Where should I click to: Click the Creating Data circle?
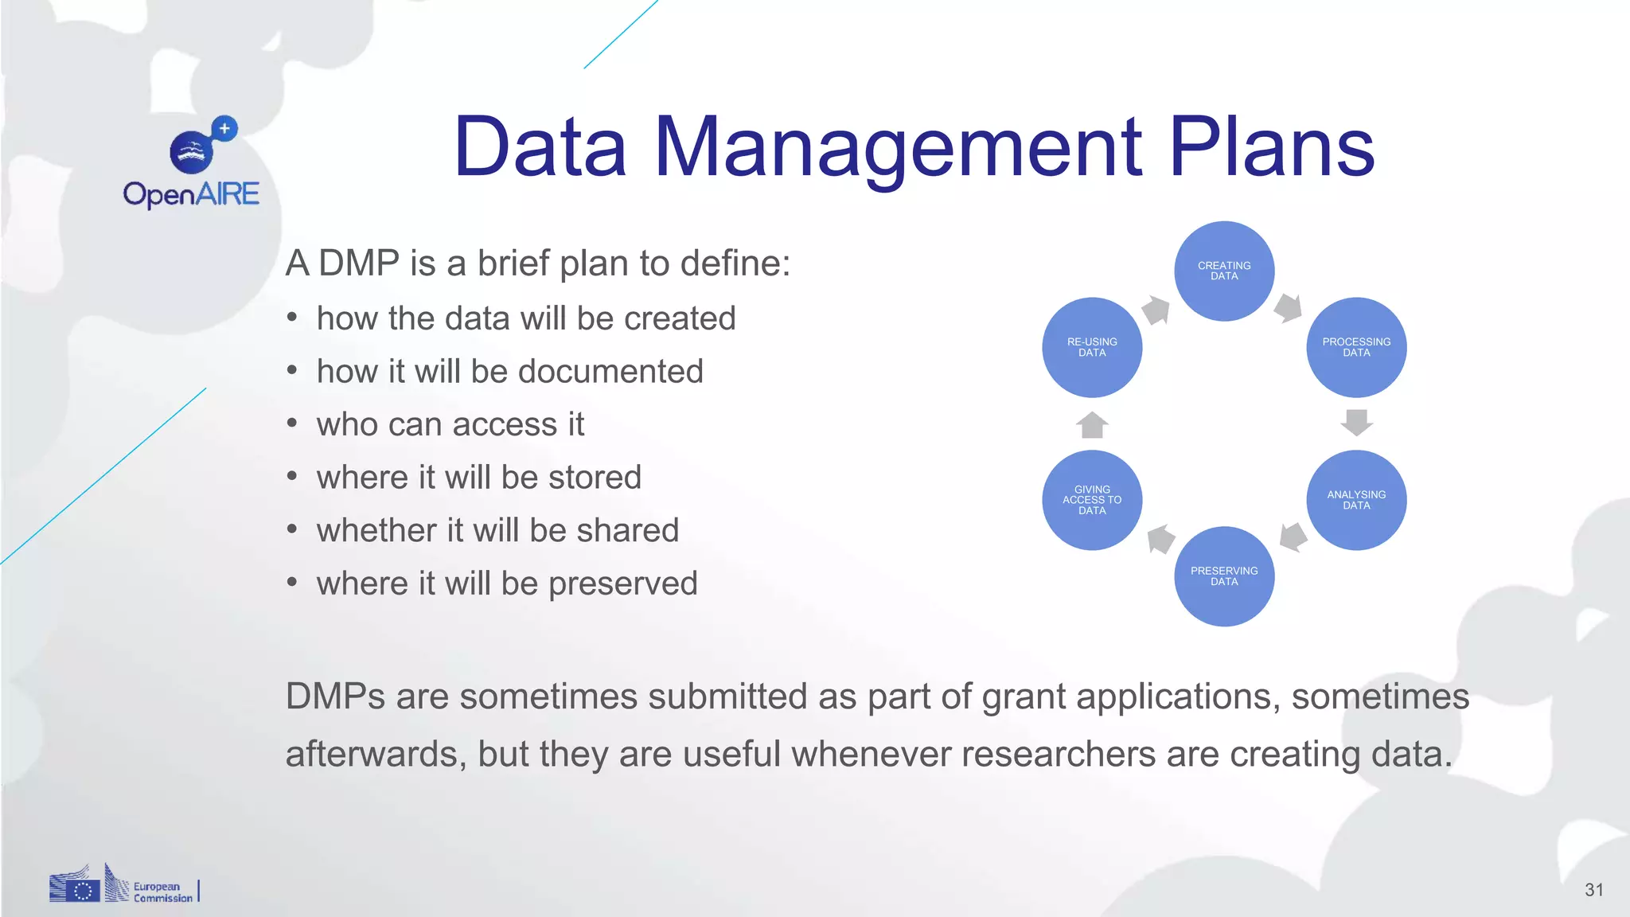click(1224, 271)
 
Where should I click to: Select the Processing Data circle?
click(1356, 348)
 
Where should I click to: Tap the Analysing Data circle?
click(1356, 500)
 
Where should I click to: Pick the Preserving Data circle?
click(1224, 576)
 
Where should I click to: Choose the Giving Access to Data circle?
click(1092, 500)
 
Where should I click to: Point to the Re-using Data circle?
click(1092, 348)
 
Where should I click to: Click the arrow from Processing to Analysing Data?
click(1356, 422)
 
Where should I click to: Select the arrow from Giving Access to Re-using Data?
click(1092, 425)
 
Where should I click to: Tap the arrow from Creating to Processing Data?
click(1288, 308)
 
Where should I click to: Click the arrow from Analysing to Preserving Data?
click(1293, 537)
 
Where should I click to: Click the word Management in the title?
click(899, 147)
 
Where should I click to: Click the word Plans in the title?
click(1271, 147)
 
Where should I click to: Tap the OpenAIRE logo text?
click(191, 194)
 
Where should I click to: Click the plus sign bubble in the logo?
click(224, 128)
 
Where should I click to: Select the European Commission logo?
click(123, 884)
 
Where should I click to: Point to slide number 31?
click(1593, 890)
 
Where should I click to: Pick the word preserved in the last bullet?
click(622, 583)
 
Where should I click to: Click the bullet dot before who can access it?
click(292, 423)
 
